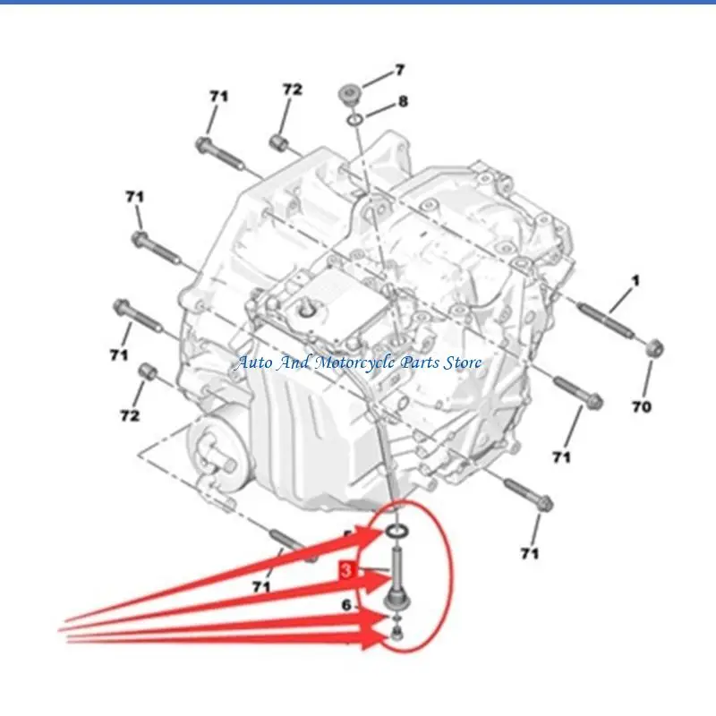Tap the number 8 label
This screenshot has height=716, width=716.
[x=403, y=102]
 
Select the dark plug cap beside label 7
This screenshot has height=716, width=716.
[x=348, y=94]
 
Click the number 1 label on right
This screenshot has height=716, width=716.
[x=635, y=282]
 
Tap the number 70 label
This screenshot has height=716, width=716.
[x=641, y=407]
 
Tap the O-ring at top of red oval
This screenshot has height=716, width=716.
[x=398, y=534]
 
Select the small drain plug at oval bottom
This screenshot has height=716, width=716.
[x=395, y=636]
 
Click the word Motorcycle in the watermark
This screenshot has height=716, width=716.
[x=357, y=362]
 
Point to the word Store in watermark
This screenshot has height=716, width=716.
[x=463, y=362]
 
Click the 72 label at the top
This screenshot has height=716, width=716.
[x=293, y=89]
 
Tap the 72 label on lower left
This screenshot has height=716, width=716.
[x=130, y=415]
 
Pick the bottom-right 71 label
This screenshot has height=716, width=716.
[x=530, y=554]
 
